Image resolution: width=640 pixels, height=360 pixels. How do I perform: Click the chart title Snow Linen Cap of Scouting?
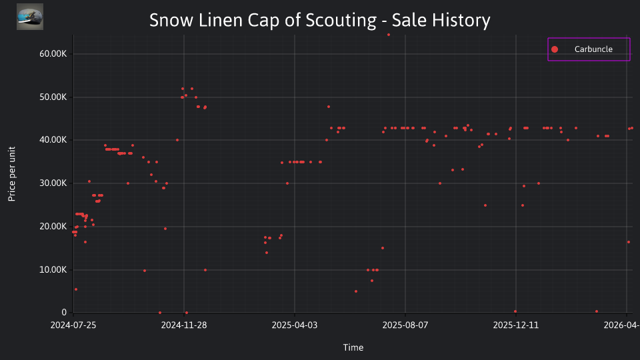263,20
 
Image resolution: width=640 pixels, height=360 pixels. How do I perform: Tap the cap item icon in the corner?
30,17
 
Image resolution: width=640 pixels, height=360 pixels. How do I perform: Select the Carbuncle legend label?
593,49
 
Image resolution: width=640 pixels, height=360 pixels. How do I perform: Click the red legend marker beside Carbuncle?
554,49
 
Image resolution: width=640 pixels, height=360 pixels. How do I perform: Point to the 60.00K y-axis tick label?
53,54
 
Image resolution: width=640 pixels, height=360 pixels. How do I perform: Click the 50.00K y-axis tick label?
53,97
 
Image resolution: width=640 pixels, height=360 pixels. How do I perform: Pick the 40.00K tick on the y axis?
53,140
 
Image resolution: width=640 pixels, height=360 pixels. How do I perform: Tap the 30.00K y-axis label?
53,183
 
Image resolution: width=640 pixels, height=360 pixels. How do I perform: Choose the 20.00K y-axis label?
53,227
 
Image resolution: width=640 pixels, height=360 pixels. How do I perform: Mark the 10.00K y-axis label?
53,270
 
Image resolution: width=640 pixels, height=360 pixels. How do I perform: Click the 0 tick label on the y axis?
64,313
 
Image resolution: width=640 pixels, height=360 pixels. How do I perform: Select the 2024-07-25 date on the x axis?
73,325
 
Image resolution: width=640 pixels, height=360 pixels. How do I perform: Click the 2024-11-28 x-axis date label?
184,325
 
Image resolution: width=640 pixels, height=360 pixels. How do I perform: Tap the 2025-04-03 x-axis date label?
294,325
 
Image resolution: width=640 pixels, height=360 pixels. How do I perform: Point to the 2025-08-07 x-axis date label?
405,325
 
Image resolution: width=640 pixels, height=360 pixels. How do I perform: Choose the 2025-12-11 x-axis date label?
516,325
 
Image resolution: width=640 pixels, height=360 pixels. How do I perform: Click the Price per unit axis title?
12,174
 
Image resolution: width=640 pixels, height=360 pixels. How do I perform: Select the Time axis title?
353,347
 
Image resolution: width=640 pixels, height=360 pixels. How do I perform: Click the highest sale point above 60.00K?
389,35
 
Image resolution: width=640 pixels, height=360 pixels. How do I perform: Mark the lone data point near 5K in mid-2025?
356,291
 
